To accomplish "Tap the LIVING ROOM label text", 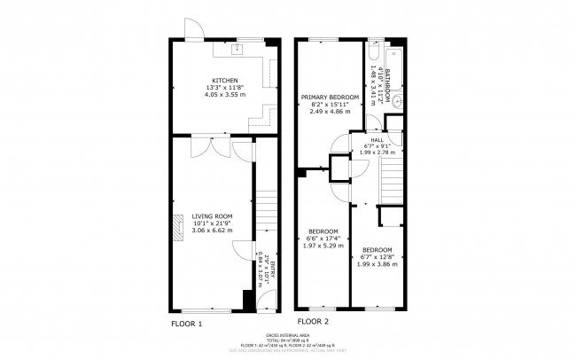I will [212, 215].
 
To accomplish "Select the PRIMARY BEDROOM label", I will [330, 97].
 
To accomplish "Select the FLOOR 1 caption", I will [186, 324].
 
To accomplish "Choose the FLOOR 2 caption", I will [312, 321].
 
